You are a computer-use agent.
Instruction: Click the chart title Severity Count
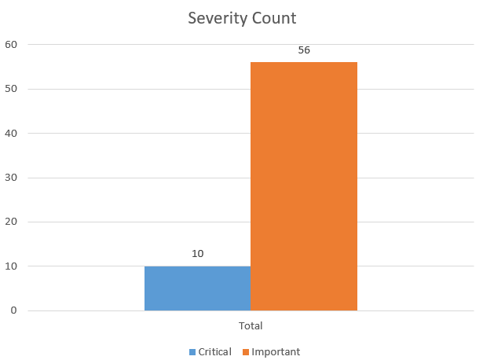242,17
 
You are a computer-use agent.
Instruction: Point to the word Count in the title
274,17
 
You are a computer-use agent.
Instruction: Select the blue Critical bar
197,288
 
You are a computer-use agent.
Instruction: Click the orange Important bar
304,186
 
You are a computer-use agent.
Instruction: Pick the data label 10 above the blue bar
198,254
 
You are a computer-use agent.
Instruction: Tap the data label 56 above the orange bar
304,50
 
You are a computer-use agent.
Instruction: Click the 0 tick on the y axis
13,311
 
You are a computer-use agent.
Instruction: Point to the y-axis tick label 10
10,266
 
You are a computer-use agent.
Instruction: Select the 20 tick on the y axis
10,222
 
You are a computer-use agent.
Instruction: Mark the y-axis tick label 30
10,178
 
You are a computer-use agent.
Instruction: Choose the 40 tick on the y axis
10,133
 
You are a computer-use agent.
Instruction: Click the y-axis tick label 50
10,89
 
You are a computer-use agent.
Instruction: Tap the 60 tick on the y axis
10,44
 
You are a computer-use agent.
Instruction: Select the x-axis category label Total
251,325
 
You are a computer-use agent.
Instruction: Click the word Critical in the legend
214,351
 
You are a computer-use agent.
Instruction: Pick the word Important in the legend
276,351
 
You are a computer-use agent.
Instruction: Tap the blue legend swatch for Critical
192,351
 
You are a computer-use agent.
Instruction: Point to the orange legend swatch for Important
245,351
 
